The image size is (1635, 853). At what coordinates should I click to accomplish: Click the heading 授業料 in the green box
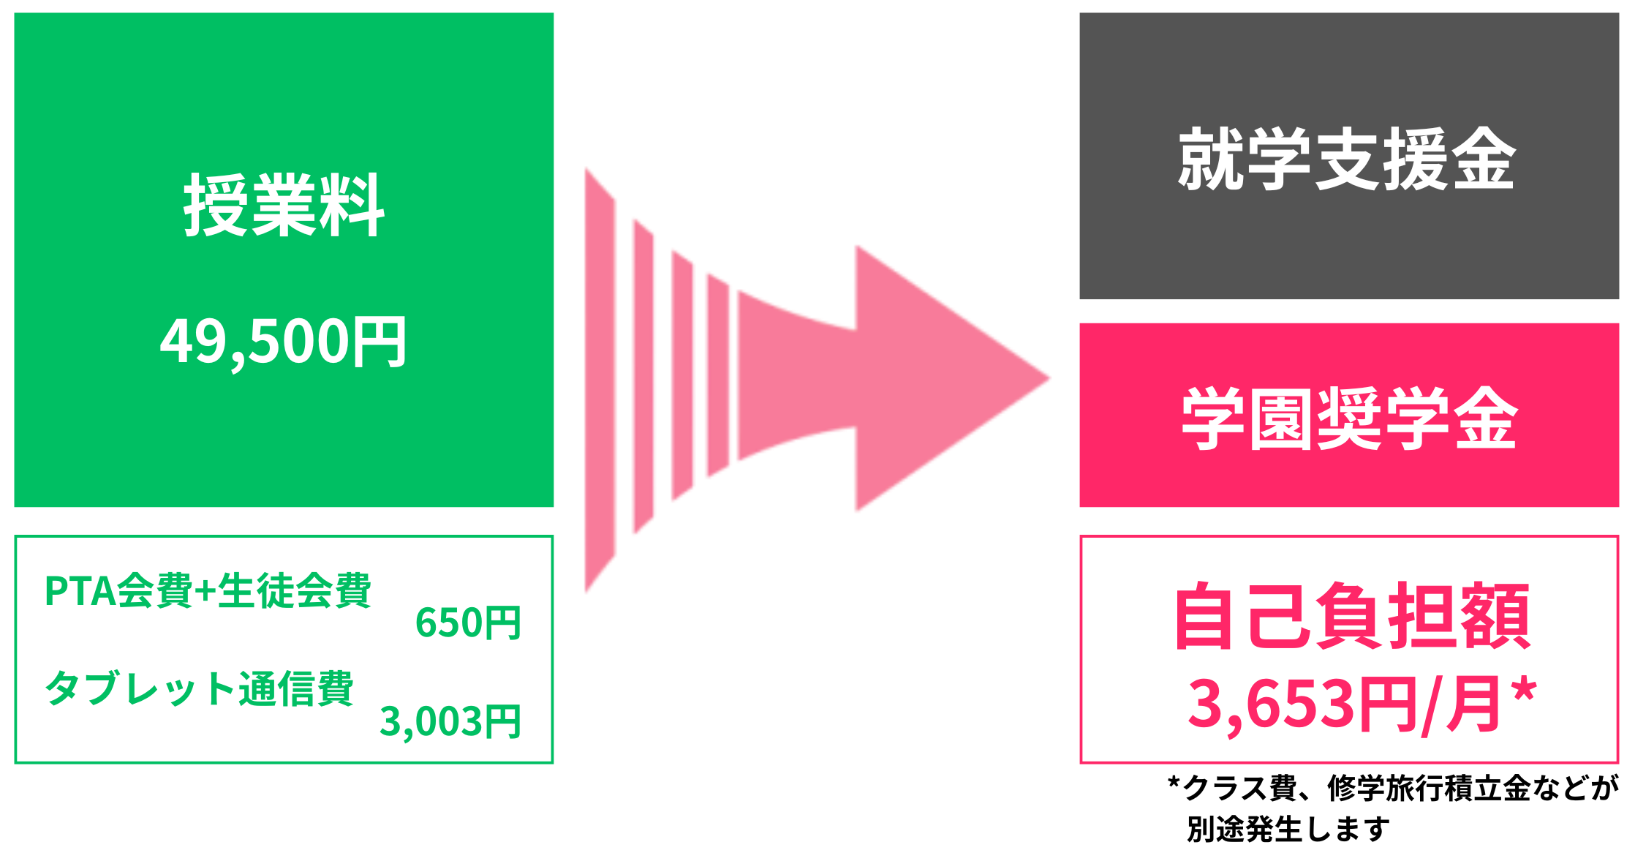(x=284, y=206)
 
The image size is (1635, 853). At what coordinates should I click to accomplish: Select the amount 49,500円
(x=284, y=342)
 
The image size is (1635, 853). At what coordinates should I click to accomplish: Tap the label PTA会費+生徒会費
(x=208, y=591)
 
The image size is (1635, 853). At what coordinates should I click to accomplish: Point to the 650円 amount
(x=468, y=623)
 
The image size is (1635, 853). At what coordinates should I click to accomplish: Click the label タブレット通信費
(x=199, y=688)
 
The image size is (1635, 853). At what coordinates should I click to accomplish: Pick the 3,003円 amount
(x=450, y=721)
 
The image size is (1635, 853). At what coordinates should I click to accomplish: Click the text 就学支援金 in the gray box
(x=1347, y=159)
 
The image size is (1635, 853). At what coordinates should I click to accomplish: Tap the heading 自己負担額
(x=1352, y=616)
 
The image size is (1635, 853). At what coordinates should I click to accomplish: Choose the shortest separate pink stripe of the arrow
(x=718, y=375)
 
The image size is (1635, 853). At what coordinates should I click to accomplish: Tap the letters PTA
(x=79, y=591)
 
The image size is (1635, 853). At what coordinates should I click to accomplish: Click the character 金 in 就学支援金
(x=1484, y=159)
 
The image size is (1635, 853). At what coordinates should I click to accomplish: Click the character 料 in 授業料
(x=352, y=206)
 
